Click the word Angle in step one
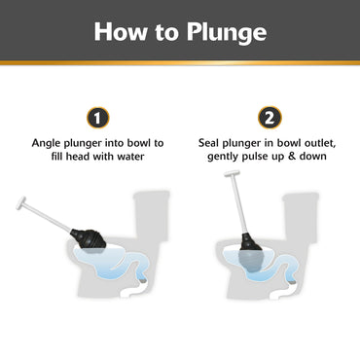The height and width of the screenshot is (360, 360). point(48,143)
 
